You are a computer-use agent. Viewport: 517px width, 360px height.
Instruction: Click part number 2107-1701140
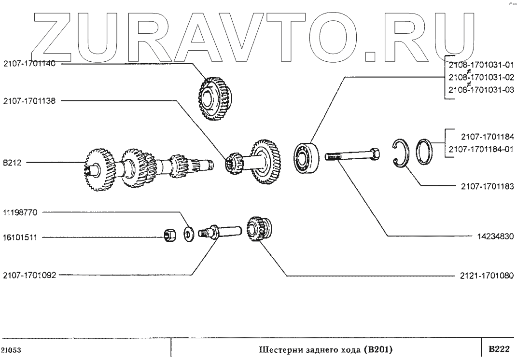[x=29, y=63]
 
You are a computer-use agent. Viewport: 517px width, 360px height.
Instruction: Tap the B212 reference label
[x=11, y=163]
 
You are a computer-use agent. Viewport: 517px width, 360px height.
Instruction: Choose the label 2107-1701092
[x=29, y=276]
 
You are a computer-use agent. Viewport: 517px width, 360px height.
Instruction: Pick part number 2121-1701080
[x=484, y=276]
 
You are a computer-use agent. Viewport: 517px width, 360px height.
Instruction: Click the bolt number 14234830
[x=495, y=236]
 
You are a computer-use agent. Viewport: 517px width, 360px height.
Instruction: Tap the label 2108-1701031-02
[x=481, y=77]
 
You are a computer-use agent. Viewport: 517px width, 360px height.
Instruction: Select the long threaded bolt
[x=352, y=157]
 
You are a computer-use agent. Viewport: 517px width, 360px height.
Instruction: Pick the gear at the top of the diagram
[x=215, y=99]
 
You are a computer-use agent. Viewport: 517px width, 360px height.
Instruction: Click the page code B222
[x=498, y=348]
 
